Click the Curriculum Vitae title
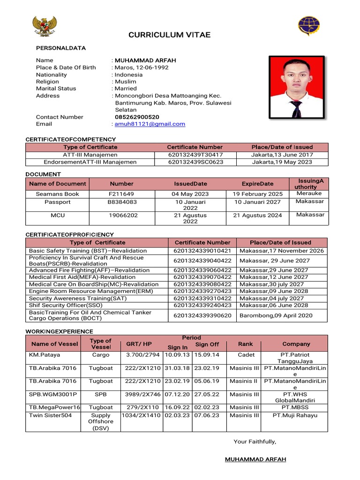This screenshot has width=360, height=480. coord(170,35)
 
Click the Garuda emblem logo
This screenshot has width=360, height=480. coord(45,26)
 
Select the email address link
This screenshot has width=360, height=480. coord(150,124)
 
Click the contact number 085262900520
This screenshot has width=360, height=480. coord(137,117)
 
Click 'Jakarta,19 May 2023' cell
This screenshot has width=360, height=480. coord(282,162)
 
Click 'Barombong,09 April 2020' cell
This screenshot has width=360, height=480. coord(276,315)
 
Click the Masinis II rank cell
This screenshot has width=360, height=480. coord(245,381)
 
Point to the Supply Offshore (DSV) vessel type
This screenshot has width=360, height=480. coord(101,422)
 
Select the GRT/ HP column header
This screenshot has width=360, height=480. coord(139,344)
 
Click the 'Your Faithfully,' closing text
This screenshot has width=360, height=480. coord(255,442)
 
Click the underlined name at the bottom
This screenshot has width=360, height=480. coord(255,459)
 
